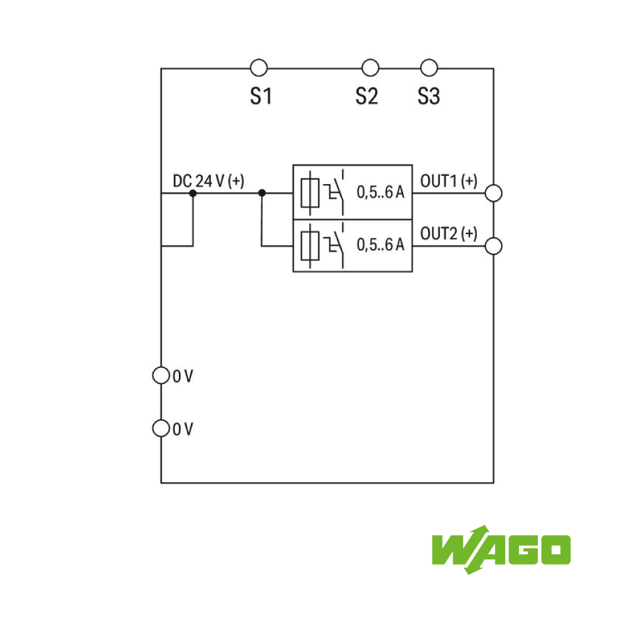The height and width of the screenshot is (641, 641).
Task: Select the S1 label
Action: tap(261, 96)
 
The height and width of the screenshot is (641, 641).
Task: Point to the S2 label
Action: tap(367, 96)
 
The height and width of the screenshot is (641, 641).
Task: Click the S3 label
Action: tap(428, 96)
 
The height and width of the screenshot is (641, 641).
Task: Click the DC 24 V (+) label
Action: tap(208, 181)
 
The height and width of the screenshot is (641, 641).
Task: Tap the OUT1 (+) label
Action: tap(449, 181)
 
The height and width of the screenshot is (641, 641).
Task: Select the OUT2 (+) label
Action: tap(449, 233)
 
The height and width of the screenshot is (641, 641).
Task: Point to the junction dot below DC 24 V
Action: tap(193, 193)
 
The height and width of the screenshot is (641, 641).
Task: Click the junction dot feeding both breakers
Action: tap(262, 193)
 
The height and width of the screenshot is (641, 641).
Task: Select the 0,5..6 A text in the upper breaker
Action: tap(381, 192)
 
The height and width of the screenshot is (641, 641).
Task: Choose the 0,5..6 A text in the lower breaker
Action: tap(381, 245)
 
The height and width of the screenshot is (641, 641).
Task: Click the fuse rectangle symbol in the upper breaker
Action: tap(310, 193)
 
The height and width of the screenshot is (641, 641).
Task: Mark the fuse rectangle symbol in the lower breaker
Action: tap(310, 245)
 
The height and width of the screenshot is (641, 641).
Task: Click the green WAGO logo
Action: tap(501, 550)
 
